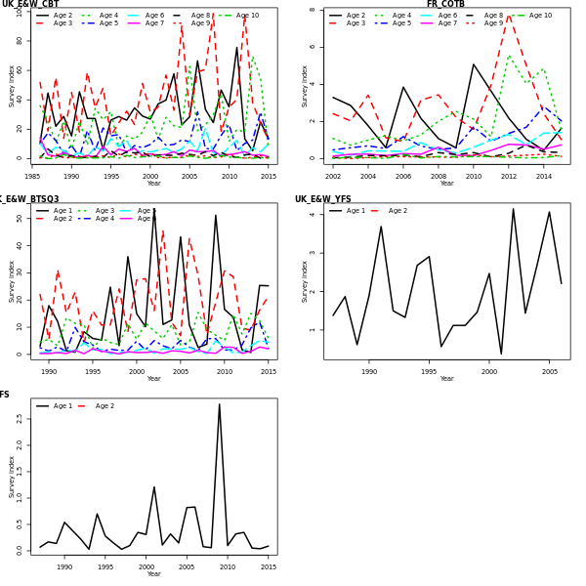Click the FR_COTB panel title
(445, 5)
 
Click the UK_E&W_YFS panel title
(323, 199)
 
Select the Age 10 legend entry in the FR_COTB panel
(541, 16)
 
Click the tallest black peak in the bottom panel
(219, 404)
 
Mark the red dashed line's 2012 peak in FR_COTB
(509, 15)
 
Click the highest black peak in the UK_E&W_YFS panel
(513, 208)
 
